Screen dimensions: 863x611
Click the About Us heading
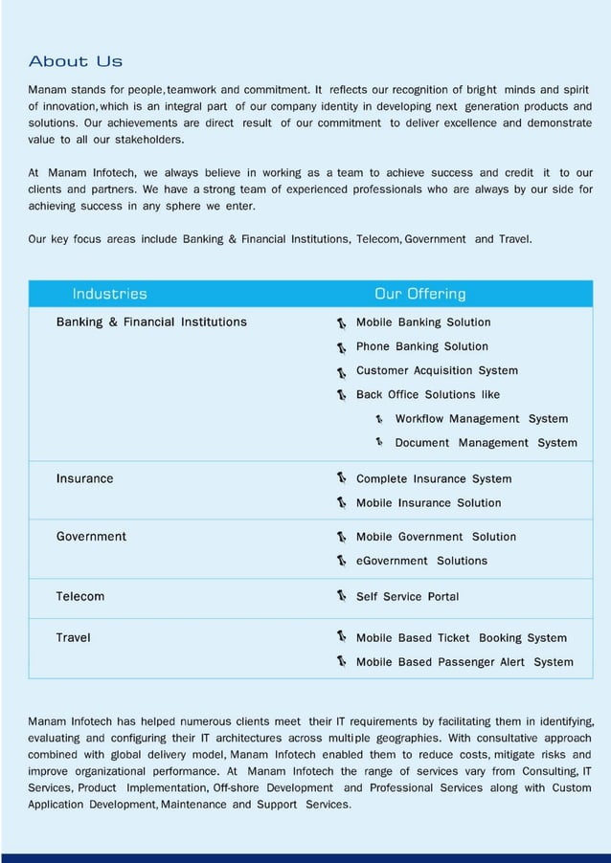coord(76,62)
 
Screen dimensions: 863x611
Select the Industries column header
coord(110,294)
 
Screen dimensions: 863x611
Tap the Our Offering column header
coord(419,294)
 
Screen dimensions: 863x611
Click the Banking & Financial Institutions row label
coord(151,322)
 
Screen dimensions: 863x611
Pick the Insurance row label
coord(84,478)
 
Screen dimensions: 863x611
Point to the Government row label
coord(91,537)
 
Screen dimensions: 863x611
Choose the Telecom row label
coord(80,596)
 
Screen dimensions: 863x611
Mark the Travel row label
coord(74,638)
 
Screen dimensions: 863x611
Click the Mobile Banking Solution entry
coord(423,322)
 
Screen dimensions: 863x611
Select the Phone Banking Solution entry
coord(422,346)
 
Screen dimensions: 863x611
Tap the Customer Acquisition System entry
coord(437,370)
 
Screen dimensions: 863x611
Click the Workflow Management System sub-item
coord(482,419)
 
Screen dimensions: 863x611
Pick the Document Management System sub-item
coord(487,443)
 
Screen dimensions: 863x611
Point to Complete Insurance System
coord(434,478)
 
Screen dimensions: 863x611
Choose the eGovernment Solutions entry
coord(421,561)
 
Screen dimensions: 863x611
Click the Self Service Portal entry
coord(407,597)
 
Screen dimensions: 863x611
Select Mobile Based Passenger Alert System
coord(464,662)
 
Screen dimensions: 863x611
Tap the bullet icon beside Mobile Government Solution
coord(341,537)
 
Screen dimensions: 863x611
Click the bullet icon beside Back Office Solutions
coord(341,395)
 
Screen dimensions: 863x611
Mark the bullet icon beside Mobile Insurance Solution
coord(341,503)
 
